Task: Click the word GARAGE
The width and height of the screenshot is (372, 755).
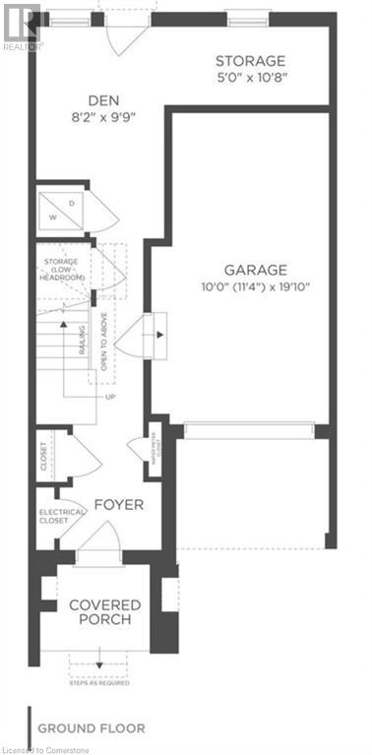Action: tap(254, 269)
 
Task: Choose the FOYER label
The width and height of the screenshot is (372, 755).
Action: tap(119, 505)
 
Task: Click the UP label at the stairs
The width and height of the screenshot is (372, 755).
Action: tap(110, 397)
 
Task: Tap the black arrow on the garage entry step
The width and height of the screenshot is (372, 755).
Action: tap(157, 334)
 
